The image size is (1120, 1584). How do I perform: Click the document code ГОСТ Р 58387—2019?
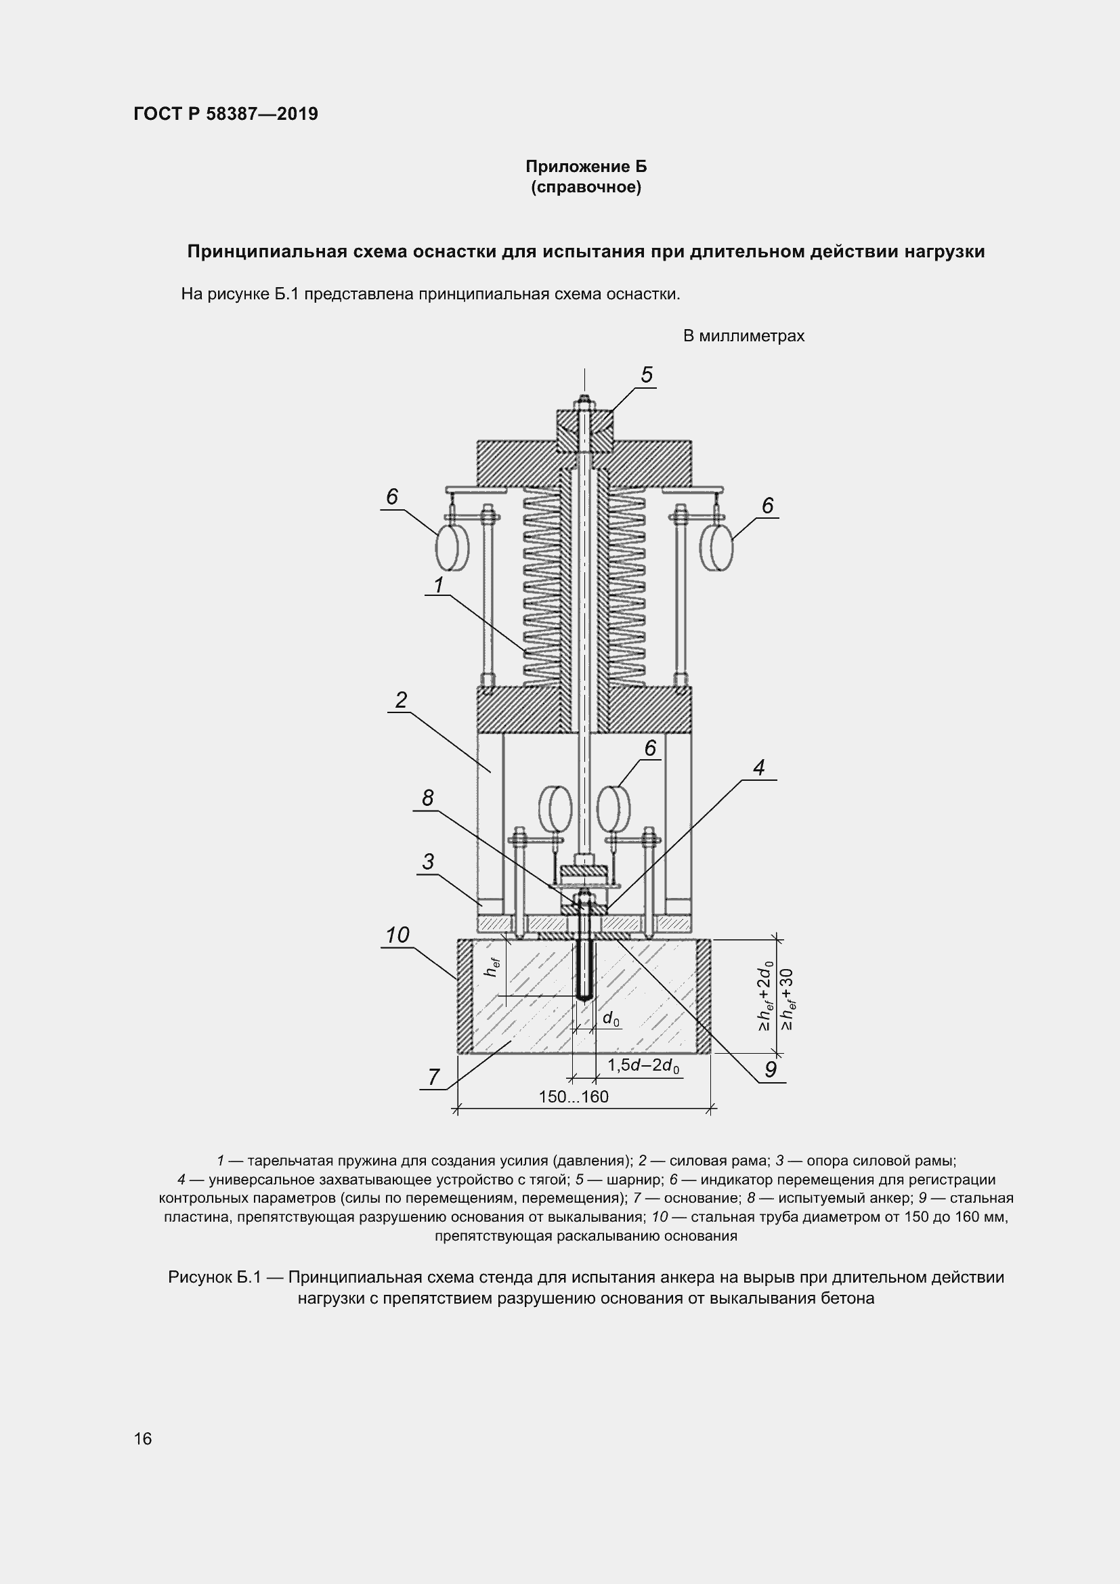pos(225,114)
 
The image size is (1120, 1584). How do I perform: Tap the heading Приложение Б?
pos(586,167)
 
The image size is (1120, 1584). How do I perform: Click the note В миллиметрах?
pos(744,336)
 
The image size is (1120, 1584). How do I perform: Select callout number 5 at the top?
pos(646,374)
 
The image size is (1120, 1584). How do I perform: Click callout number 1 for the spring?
pos(438,585)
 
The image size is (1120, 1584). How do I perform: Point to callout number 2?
pos(401,700)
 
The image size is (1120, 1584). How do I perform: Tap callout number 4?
pos(758,767)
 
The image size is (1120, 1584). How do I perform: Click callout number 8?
pos(427,798)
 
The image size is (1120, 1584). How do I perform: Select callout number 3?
pos(428,861)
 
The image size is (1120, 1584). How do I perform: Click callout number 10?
pos(397,935)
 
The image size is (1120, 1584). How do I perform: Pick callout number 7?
pos(433,1077)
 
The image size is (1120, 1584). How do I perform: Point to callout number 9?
pos(771,1069)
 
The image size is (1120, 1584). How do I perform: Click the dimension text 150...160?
pos(573,1097)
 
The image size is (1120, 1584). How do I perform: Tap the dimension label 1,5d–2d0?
pos(643,1066)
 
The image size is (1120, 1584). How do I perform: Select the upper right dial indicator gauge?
pos(716,547)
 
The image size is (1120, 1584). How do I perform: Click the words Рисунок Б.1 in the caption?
pos(215,1277)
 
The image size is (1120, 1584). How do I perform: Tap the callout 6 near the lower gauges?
pos(649,748)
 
